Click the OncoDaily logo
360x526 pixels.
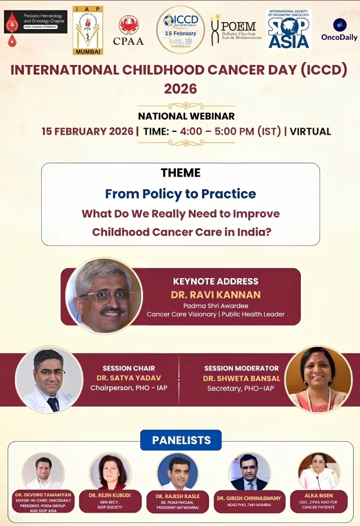(340, 29)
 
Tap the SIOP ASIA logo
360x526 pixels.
(289, 29)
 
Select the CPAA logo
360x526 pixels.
(128, 30)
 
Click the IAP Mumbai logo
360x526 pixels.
(88, 30)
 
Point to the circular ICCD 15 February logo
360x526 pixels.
(181, 29)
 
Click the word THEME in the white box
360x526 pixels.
(181, 172)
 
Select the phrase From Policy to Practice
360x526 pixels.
(181, 193)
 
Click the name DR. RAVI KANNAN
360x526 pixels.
(215, 294)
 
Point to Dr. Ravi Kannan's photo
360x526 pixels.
(104, 296)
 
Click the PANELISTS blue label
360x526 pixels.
(181, 440)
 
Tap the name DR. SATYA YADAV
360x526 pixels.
(128, 379)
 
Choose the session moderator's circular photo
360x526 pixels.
(318, 379)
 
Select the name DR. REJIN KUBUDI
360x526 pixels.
(110, 495)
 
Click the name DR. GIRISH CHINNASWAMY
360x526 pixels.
(249, 498)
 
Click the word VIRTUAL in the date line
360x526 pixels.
(310, 131)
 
